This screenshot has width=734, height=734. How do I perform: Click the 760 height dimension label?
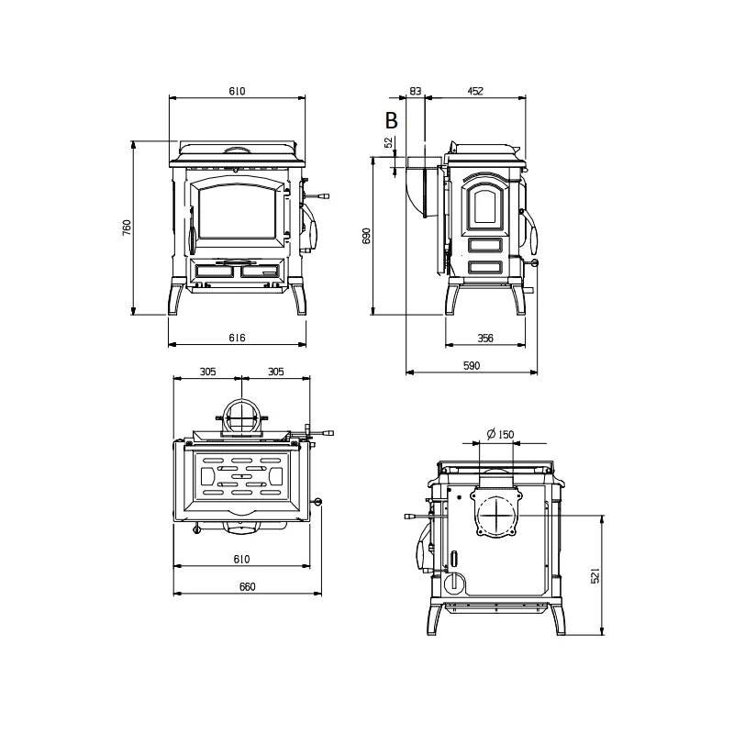pos(127,228)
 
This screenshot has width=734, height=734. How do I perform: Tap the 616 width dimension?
pos(237,338)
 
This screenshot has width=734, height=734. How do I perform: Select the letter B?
pos(392,120)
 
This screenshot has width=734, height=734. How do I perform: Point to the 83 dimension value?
pos(416,91)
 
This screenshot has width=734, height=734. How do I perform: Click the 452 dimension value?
pos(474,91)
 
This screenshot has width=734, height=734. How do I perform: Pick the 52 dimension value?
pos(388,142)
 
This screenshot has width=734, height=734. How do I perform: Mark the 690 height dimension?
pos(366,236)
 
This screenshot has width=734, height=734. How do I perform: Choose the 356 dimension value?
pos(485,338)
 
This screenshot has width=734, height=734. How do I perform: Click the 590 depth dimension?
pos(472,365)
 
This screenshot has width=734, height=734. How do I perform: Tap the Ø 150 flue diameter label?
pos(500,434)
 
